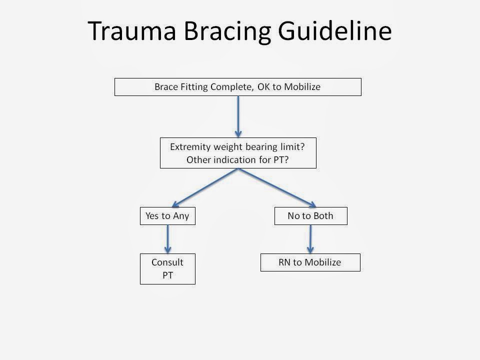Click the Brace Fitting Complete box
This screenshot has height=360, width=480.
238,87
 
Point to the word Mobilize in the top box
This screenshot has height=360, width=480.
302,87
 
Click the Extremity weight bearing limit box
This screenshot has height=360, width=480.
238,153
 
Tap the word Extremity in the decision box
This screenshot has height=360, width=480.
189,147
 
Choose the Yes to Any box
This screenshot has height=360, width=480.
167,216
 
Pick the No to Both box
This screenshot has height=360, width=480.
310,216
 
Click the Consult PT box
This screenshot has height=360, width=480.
167,268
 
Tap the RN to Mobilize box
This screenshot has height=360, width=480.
310,262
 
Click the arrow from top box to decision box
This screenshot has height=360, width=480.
238,116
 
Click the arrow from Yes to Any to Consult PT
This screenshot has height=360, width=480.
167,239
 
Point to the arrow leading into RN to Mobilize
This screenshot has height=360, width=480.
310,239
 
